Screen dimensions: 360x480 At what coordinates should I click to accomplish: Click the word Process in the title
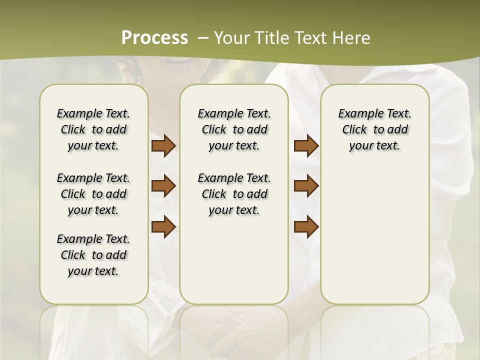click(x=154, y=38)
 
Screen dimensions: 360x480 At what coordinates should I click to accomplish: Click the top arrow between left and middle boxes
click(x=163, y=145)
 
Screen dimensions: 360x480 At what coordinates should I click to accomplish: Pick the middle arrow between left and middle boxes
click(x=163, y=186)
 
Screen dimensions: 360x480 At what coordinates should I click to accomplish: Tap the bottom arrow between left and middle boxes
click(x=163, y=226)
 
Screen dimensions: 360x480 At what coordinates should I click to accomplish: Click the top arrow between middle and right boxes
click(x=306, y=145)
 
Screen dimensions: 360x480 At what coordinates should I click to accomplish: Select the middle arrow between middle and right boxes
click(x=306, y=186)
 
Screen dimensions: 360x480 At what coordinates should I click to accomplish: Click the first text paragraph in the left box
click(x=93, y=129)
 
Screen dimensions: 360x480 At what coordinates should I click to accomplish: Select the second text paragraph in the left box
click(x=93, y=194)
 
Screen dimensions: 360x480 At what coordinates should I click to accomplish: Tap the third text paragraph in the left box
click(x=93, y=255)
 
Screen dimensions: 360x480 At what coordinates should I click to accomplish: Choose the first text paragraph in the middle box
click(x=234, y=129)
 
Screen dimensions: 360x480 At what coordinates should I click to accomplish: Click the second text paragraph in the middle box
click(x=234, y=194)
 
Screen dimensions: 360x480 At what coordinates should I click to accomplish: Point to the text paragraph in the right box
click(x=375, y=129)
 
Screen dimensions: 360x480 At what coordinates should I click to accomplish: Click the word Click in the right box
click(x=354, y=130)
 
